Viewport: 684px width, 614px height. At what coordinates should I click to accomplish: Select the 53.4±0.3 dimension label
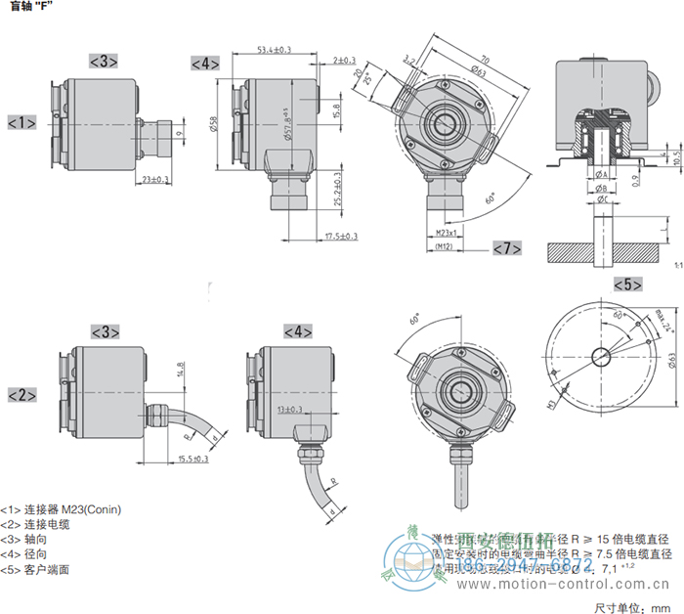click(276, 50)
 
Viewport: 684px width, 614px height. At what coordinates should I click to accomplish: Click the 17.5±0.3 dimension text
click(340, 236)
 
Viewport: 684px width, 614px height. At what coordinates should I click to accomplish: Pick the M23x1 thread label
click(448, 233)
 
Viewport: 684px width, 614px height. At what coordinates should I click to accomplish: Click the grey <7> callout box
click(506, 247)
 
